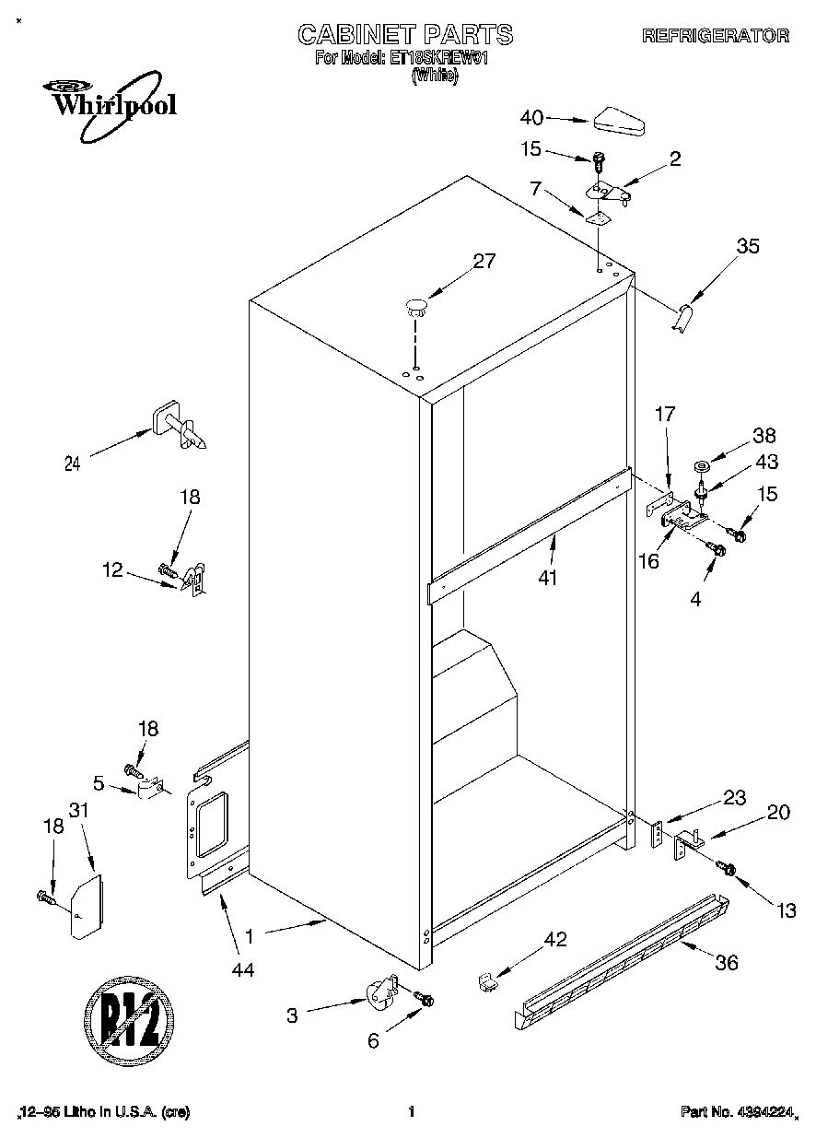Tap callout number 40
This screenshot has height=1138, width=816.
click(x=531, y=117)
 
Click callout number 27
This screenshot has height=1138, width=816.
click(x=484, y=261)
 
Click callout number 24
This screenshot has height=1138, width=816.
click(x=72, y=463)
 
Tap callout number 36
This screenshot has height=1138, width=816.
click(x=726, y=963)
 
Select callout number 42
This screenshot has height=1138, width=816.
click(x=554, y=939)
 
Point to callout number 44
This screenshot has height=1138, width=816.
click(x=242, y=968)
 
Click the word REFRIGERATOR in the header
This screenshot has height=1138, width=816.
click(x=715, y=36)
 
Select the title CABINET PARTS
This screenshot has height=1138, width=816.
click(x=405, y=35)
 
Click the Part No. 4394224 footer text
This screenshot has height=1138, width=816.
click(x=736, y=1112)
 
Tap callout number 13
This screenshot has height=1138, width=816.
click(x=785, y=911)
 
